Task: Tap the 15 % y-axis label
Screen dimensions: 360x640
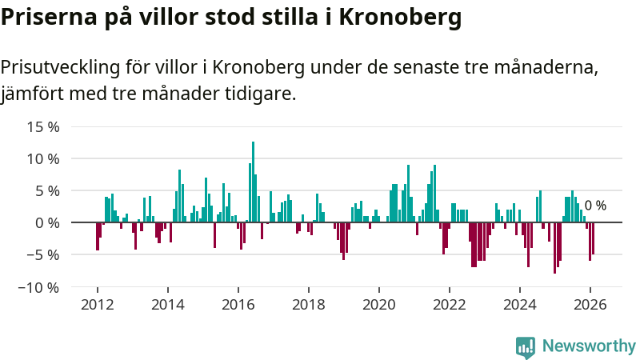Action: (x=43, y=126)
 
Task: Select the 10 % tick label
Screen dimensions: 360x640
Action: (x=43, y=158)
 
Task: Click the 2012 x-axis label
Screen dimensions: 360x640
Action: (x=97, y=304)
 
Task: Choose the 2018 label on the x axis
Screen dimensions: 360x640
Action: (x=309, y=304)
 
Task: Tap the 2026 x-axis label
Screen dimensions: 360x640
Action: (x=590, y=304)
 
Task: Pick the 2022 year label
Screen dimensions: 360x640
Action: (x=450, y=304)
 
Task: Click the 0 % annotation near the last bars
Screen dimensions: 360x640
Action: (x=595, y=206)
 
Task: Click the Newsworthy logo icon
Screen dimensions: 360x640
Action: (x=526, y=346)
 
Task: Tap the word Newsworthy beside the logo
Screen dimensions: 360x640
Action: (x=589, y=346)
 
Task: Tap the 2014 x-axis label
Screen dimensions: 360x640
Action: (x=167, y=304)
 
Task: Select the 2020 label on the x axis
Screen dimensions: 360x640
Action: (x=379, y=304)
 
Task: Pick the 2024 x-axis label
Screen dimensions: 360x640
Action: (x=520, y=304)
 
